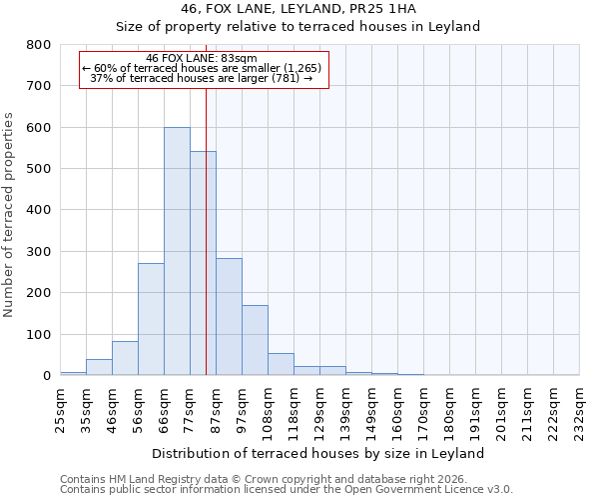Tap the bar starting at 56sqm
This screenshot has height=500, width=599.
[151, 319]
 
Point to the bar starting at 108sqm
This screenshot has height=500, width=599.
[281, 365]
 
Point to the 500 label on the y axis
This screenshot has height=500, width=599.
[38, 169]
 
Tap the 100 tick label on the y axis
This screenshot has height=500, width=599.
[38, 334]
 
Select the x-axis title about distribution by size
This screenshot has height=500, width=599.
[318, 453]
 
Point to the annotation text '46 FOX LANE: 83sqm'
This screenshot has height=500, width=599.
[203, 59]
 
